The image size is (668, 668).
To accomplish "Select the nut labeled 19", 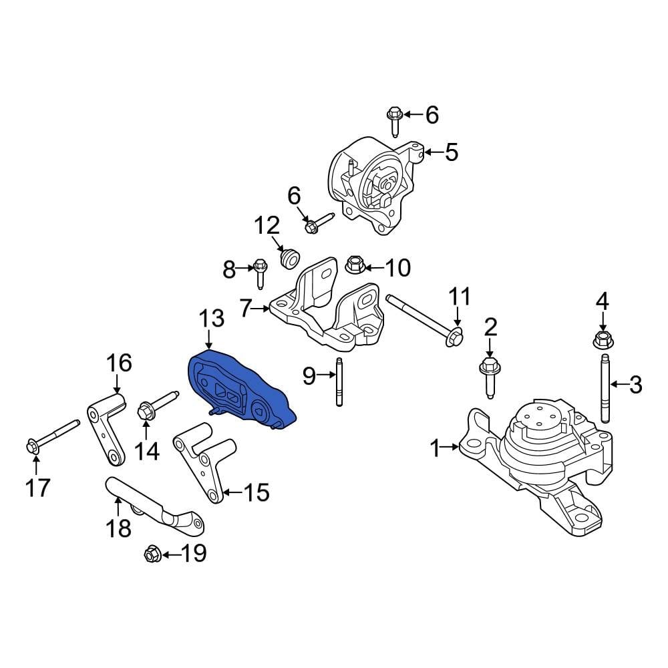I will coord(151,554).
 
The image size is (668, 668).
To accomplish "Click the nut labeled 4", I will coord(602,341).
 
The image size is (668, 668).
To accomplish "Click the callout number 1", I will coord(436,449).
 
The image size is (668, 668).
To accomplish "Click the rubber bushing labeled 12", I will coord(290,258).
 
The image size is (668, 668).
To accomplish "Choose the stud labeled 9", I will coord(340,383).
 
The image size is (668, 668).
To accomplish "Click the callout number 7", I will coord(245,309).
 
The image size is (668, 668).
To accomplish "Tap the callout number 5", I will coord(451,153).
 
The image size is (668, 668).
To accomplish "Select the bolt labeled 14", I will coord(154,408).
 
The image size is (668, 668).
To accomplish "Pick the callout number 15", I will coord(255,493).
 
